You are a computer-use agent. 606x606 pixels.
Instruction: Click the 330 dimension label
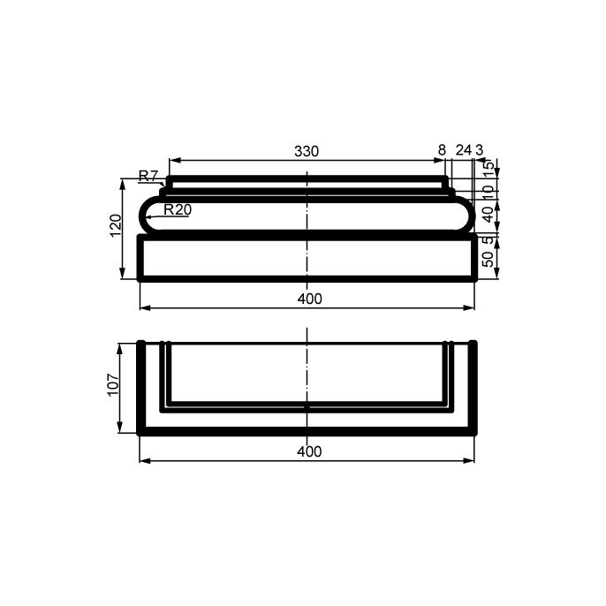pos(307,151)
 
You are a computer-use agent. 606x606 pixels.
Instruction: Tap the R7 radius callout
pos(148,176)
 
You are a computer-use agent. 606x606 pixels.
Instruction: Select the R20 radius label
pos(178,209)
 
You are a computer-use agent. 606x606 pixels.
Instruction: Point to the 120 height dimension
pos(116,225)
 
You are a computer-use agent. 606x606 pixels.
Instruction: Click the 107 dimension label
pos(113,384)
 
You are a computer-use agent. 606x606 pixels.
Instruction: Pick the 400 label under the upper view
pos(309,299)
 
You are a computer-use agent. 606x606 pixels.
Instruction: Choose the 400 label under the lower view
pos(309,451)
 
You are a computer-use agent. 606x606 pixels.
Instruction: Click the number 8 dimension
pos(442,150)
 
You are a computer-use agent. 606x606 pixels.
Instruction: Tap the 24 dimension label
pos(464,150)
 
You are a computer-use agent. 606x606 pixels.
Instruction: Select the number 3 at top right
pos(479,150)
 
